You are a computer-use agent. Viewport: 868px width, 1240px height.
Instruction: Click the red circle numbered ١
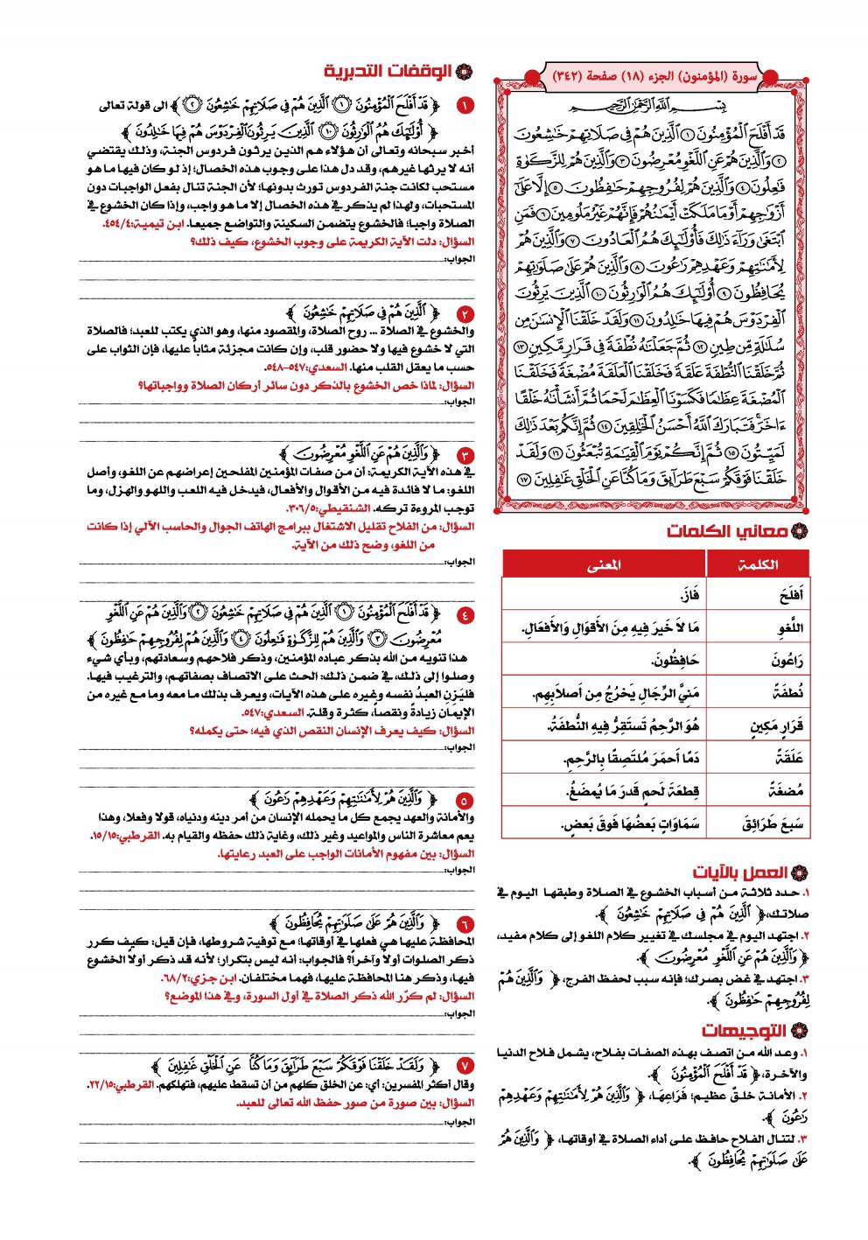coord(465,107)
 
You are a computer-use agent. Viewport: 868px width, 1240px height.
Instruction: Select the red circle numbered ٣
coord(465,454)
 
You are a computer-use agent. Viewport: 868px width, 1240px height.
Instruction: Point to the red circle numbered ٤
coord(465,614)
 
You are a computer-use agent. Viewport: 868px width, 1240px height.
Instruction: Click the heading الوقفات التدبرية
coord(395,71)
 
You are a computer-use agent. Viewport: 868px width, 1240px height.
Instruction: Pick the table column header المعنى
coord(604,564)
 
